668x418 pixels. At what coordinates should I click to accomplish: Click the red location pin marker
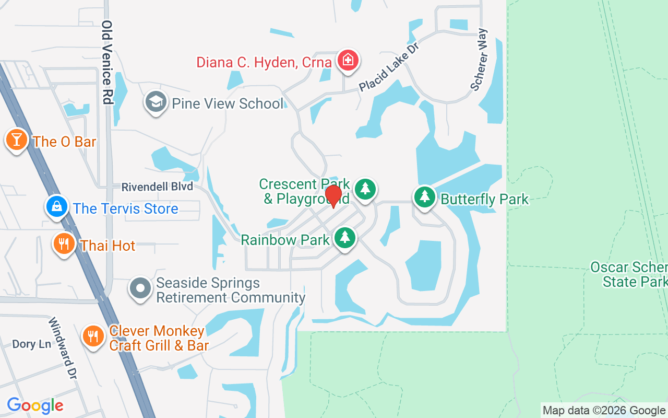click(x=333, y=196)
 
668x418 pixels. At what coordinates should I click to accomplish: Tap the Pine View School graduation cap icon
click(x=156, y=102)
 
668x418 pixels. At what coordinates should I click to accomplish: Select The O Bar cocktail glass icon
click(x=17, y=140)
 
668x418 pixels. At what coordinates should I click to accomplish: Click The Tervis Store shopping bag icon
click(x=56, y=207)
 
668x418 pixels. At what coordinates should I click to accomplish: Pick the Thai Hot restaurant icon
click(x=64, y=243)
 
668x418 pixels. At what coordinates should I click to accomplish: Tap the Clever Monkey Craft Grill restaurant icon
click(x=93, y=335)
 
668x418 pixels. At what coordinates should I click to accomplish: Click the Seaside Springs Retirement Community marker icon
click(x=140, y=289)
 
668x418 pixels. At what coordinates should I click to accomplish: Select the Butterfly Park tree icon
click(x=425, y=198)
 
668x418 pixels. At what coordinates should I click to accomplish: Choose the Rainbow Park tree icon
click(x=344, y=238)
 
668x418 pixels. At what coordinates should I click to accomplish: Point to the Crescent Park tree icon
click(x=365, y=189)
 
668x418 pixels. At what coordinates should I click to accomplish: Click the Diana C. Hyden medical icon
click(x=347, y=61)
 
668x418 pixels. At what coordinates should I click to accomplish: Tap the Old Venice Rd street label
click(x=108, y=62)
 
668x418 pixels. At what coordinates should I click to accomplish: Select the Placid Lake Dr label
click(x=390, y=66)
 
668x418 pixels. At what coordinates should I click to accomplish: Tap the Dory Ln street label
click(x=31, y=344)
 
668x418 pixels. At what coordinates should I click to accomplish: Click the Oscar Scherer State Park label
click(x=629, y=275)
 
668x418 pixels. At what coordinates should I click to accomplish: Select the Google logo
click(x=35, y=405)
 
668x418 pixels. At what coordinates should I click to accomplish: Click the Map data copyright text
click(x=604, y=411)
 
